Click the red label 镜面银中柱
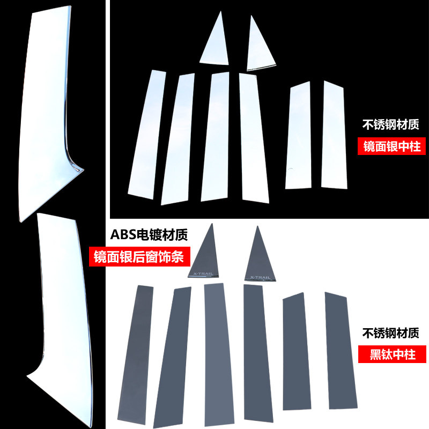[392, 146]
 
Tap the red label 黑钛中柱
[391, 354]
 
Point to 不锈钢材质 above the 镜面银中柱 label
[391, 125]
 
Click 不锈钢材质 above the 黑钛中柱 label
[391, 333]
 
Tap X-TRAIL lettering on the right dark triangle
[260, 277]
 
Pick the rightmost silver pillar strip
[332, 134]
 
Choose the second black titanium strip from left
[173, 359]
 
